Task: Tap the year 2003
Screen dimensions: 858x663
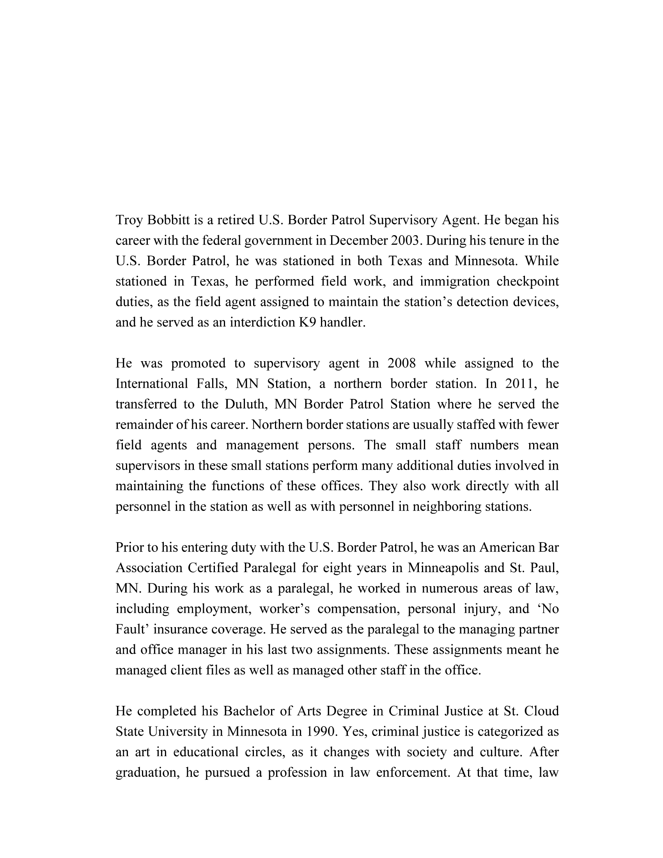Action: (406, 241)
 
